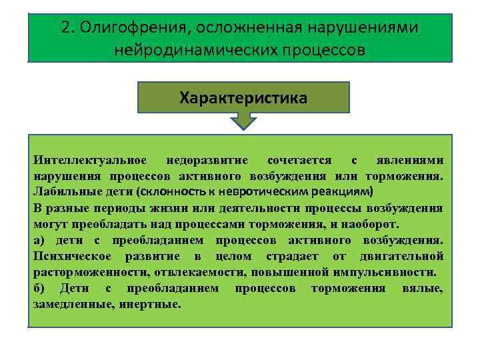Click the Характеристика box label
[243, 98]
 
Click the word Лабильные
[64, 191]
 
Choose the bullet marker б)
[41, 288]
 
